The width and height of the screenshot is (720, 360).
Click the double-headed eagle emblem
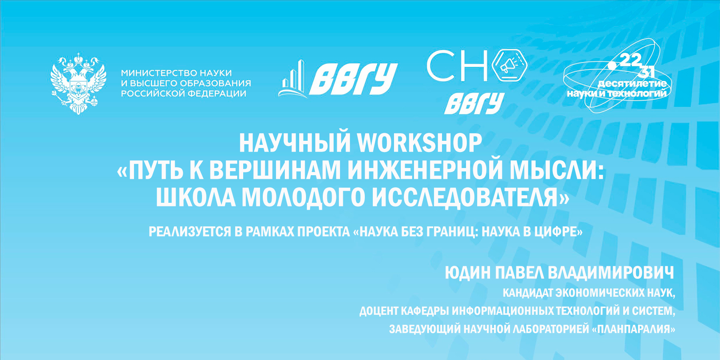tap(78, 83)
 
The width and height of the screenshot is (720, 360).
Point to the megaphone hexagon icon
tap(509, 65)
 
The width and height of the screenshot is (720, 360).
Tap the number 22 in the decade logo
tap(630, 60)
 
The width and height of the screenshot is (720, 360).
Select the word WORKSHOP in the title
tap(420, 143)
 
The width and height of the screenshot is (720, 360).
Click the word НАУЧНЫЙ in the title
tap(295, 143)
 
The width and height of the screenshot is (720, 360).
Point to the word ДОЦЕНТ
tap(378, 311)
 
